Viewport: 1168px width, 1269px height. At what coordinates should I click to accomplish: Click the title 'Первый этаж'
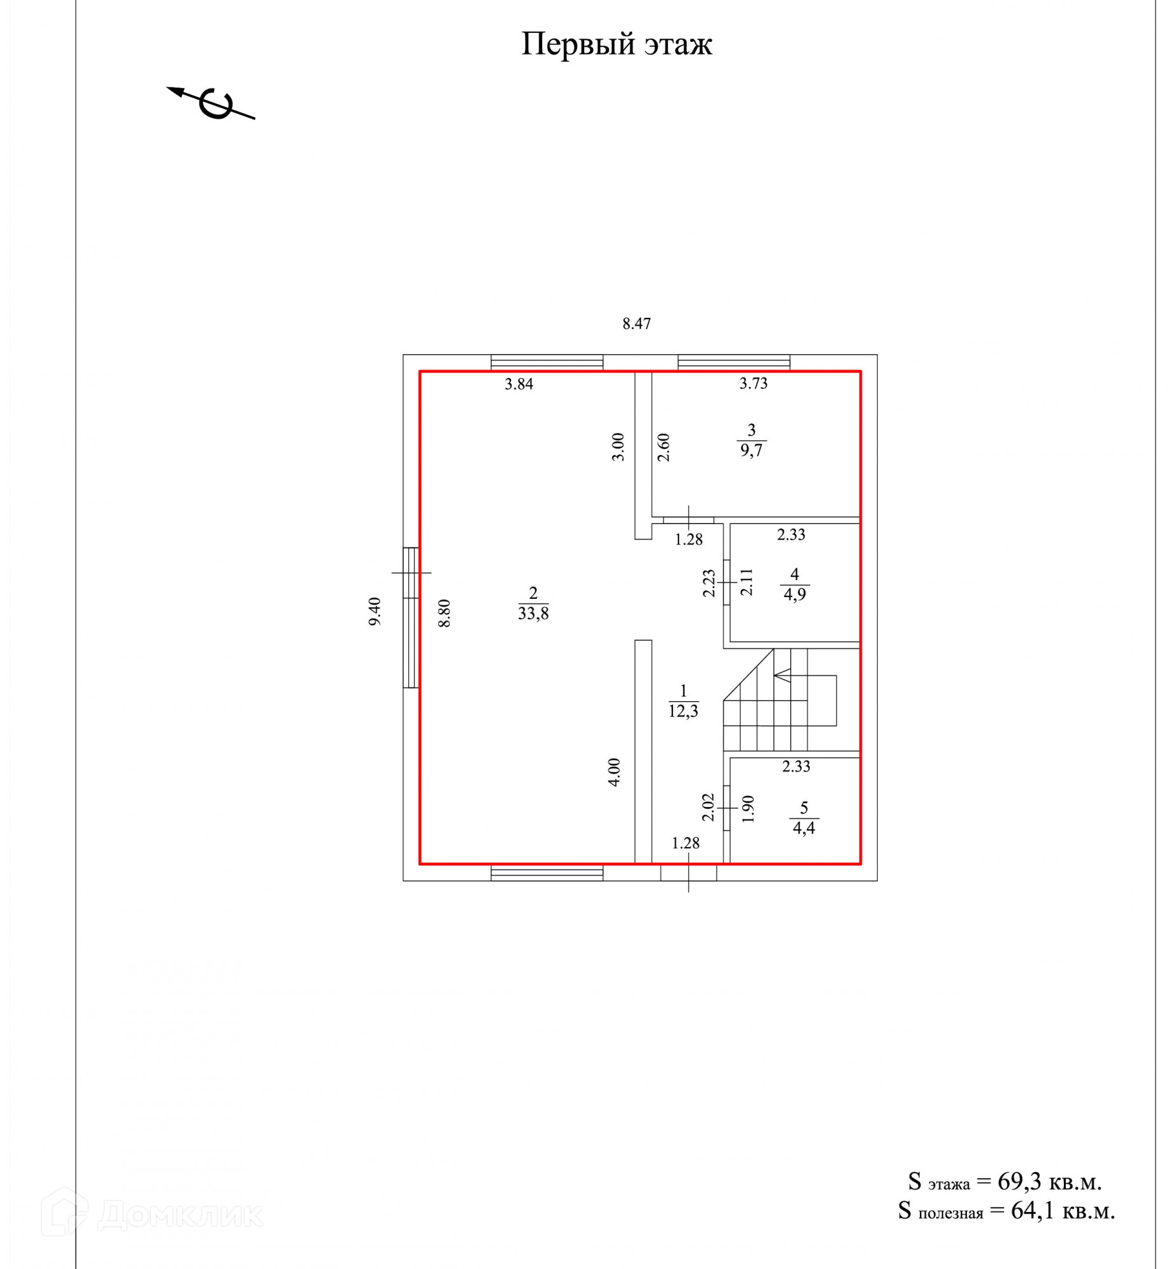point(616,44)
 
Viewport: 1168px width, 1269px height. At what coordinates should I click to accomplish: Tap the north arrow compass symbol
point(213,103)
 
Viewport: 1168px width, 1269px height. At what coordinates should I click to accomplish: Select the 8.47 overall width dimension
point(636,324)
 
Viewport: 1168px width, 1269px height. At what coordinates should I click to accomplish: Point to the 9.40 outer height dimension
point(375,611)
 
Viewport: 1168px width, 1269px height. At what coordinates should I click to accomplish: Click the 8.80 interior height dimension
point(444,613)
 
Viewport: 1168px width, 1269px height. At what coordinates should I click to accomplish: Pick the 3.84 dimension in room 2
point(519,384)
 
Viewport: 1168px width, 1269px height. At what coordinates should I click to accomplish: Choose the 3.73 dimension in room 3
point(753,383)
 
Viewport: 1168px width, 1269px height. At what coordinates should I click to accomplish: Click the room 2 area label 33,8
point(533,614)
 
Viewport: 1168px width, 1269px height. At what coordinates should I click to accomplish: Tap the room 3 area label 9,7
point(751,450)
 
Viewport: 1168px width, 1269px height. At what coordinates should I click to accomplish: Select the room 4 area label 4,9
point(795,595)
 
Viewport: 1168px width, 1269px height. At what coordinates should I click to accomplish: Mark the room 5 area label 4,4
point(804,827)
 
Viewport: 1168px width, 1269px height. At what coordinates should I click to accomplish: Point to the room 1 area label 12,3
point(683,711)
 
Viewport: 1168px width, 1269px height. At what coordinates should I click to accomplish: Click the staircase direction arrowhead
point(780,676)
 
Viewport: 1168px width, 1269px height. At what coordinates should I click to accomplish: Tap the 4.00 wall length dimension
point(614,772)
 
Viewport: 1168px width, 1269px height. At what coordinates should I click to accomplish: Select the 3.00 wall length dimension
point(618,447)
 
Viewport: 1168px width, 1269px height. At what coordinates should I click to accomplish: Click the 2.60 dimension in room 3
point(663,447)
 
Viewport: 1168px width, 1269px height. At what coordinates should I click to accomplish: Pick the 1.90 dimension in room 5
point(748,809)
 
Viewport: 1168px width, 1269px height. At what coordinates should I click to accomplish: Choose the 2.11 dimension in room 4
point(747,582)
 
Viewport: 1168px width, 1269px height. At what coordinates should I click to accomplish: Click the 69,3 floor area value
point(1019,1181)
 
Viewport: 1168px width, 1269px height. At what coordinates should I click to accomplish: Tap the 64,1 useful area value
point(1032,1211)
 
